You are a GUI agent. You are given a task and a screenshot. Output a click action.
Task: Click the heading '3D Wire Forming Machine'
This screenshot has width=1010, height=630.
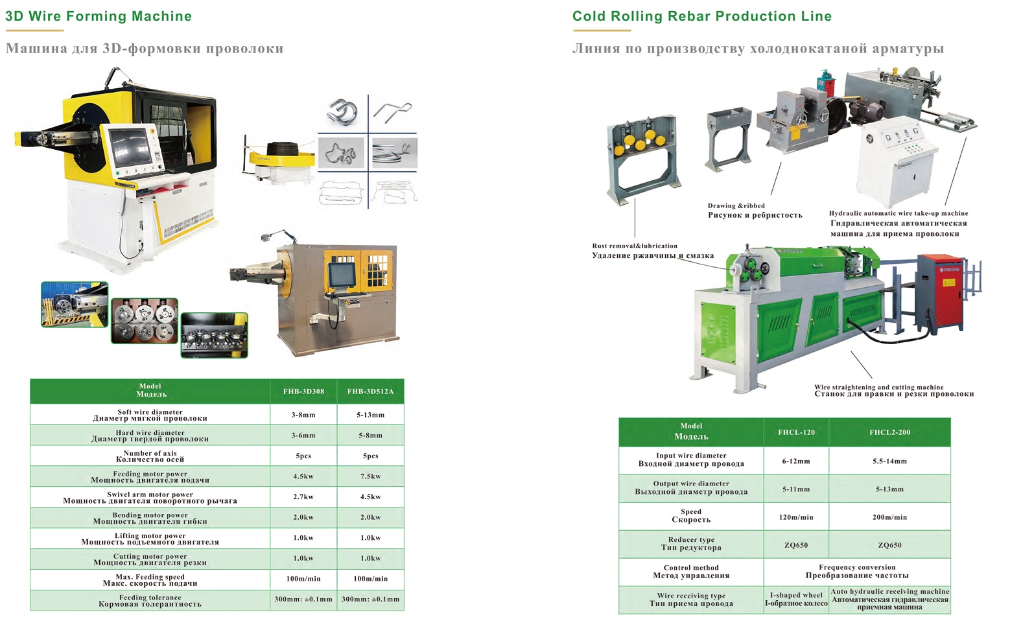click(99, 16)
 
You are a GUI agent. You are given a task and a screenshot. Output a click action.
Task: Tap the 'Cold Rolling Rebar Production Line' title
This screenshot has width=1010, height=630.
click(701, 16)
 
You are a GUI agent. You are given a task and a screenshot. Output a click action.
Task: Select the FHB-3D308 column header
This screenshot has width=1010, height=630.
click(303, 391)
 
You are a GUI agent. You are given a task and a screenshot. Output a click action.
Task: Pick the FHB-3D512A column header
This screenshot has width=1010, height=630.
click(370, 391)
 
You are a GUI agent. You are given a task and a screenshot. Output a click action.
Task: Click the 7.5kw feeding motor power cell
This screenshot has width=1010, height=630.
click(370, 476)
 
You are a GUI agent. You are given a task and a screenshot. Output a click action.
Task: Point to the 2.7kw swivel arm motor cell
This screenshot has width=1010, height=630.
click(303, 497)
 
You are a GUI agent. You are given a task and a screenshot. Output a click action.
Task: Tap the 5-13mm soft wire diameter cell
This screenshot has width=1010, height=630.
click(370, 415)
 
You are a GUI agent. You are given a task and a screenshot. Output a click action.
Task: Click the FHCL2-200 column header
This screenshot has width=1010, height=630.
click(889, 432)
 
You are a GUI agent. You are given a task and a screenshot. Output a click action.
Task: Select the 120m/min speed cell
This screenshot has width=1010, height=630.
click(796, 517)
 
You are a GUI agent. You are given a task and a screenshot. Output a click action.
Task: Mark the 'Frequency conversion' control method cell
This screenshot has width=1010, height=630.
click(857, 572)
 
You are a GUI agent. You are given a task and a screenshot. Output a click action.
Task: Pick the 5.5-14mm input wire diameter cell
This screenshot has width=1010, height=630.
click(889, 461)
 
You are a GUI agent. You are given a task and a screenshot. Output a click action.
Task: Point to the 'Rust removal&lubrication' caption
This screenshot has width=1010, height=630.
click(635, 246)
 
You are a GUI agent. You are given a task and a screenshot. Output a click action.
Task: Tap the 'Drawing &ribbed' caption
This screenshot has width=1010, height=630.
click(736, 205)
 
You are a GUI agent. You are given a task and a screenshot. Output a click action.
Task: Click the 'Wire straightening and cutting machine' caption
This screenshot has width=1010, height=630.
click(879, 387)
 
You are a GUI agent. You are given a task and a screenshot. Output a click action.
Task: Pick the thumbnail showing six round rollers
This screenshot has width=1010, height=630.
click(145, 321)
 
